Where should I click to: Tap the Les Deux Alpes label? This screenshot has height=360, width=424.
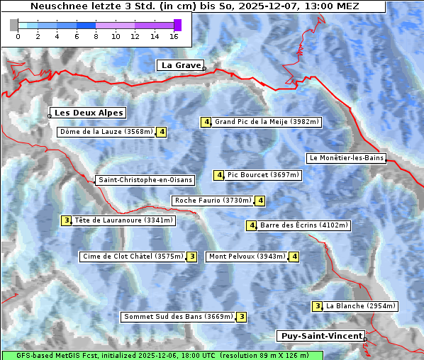coord(89,113)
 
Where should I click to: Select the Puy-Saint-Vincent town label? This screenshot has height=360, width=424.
coord(321,336)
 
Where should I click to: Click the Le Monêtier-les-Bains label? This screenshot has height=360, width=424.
coord(346,158)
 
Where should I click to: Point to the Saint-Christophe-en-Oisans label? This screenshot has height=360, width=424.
coord(145,180)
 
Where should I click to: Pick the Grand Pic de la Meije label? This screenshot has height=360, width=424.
coord(267,122)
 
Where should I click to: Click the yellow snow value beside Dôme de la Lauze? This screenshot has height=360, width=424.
coord(162,132)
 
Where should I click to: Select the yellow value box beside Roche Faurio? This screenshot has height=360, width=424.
coord(260,201)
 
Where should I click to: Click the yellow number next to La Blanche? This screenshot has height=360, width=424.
coord(317,306)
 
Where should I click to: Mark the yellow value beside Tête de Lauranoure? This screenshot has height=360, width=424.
coord(67,220)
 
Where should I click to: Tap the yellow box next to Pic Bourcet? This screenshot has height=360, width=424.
coord(219,175)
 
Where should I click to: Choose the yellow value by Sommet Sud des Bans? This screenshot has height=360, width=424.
coord(241,317)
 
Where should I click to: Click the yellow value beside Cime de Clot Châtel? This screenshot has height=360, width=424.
coord(191,257)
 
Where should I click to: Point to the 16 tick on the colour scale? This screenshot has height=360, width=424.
coord(174,36)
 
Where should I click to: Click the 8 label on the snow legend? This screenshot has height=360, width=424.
coord(96,36)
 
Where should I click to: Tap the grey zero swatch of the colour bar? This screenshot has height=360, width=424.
coord(14,25)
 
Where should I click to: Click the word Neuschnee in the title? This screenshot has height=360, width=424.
coord(54,6)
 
